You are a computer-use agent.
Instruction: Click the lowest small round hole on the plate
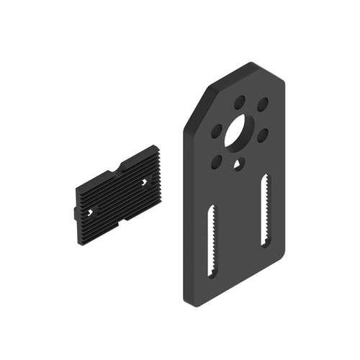(x=215, y=162)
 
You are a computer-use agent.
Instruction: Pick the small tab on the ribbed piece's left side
(x=75, y=214)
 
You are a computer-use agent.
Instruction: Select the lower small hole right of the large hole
(x=262, y=133)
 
